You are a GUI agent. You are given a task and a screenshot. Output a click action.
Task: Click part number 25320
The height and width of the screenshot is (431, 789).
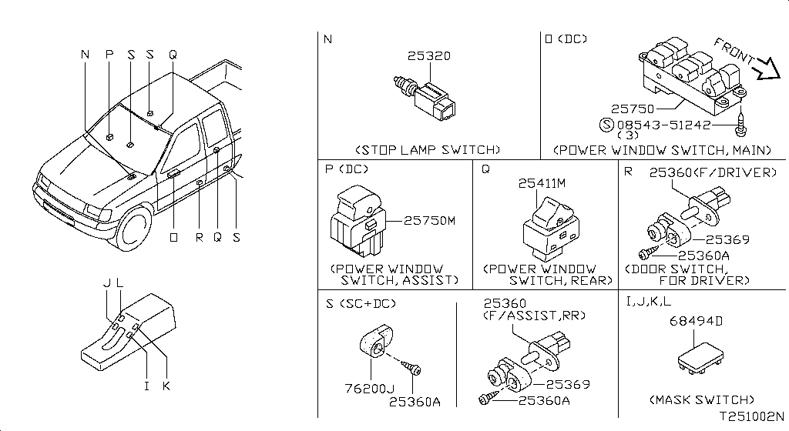pos(429,56)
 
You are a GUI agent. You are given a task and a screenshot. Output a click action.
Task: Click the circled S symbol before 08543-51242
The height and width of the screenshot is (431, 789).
pos(606,125)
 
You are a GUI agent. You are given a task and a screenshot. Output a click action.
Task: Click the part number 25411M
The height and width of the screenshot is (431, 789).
pos(542,184)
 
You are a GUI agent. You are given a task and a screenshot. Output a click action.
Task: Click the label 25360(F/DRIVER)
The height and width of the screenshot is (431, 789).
pos(713,173)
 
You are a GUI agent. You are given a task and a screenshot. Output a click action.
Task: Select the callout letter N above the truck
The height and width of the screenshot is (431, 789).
pos(85,55)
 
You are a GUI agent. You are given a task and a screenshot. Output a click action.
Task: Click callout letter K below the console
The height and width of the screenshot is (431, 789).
pos(166,386)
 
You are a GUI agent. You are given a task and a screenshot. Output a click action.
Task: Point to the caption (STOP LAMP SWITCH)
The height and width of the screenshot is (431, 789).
pos(428,149)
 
